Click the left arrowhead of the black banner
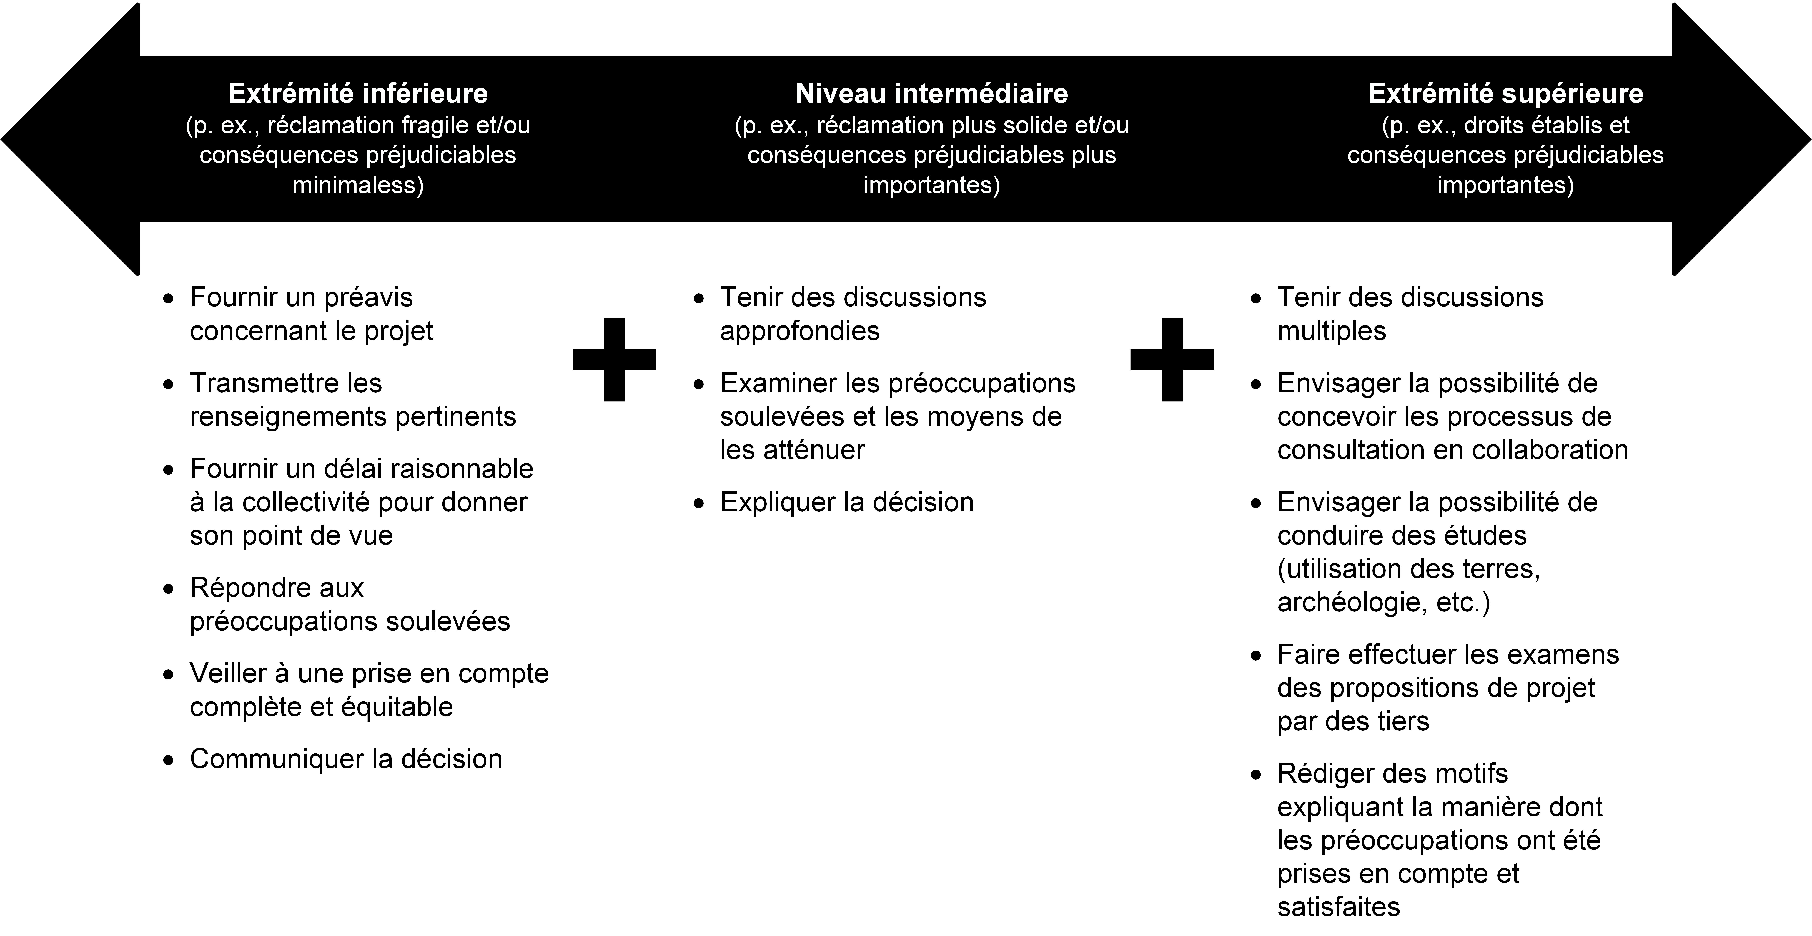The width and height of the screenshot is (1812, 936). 70,139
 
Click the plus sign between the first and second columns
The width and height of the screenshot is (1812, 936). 614,360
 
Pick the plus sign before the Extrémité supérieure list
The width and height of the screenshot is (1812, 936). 1172,360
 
